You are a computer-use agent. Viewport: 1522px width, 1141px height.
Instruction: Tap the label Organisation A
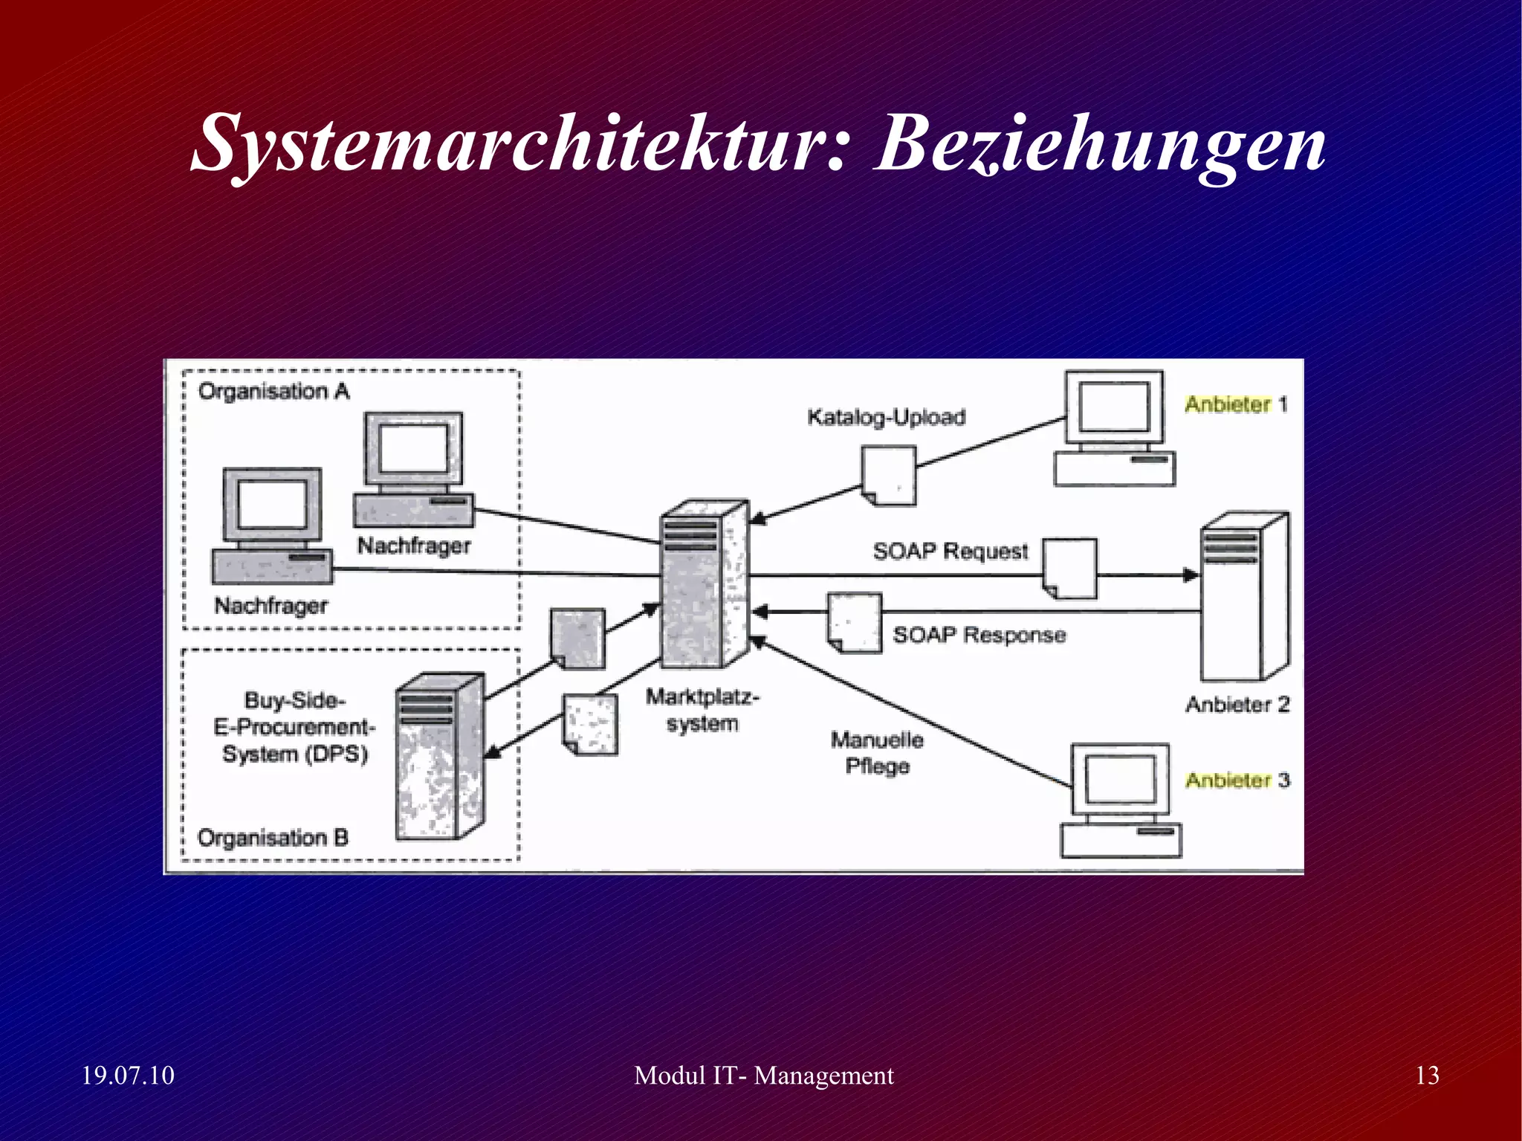273,392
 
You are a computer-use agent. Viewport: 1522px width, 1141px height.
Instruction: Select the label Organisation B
273,838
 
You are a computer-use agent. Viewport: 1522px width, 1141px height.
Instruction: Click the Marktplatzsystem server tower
703,584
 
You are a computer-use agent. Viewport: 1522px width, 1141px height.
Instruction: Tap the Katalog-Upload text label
886,417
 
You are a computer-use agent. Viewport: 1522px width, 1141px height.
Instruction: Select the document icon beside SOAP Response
855,623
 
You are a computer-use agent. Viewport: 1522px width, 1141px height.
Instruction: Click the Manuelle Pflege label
877,753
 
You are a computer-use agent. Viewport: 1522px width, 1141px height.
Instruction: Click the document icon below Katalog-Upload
889,476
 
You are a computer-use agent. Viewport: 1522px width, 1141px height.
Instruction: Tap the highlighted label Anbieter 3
1237,780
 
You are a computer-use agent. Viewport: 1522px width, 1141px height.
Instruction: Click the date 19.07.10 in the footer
127,1076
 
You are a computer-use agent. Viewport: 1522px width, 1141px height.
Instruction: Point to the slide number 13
1427,1076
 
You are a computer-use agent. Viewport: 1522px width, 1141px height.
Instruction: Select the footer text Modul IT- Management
763,1076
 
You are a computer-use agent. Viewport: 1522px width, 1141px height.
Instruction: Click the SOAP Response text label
979,635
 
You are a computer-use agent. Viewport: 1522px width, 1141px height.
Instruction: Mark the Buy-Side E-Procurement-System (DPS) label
294,727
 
